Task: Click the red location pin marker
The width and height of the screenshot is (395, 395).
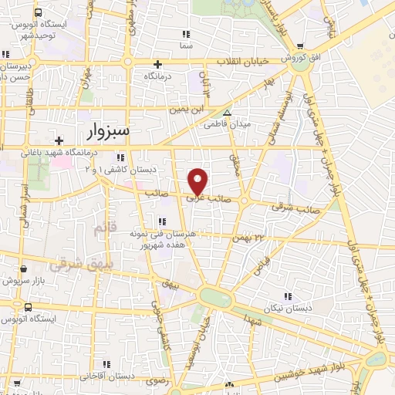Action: point(198,181)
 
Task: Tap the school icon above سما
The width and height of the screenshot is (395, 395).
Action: point(185,35)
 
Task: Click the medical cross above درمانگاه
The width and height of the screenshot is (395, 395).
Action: point(157,64)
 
